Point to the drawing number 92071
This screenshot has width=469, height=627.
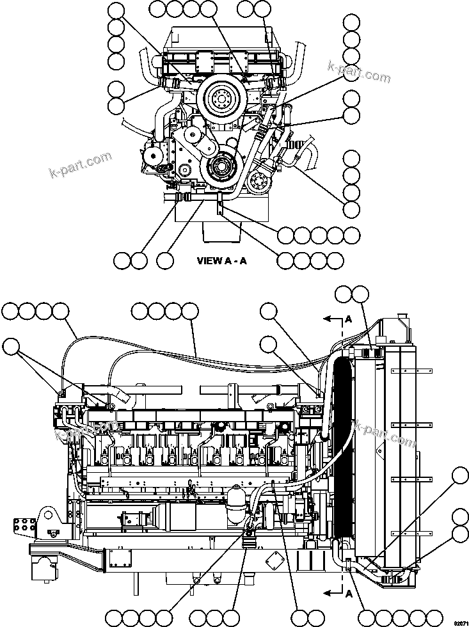pyautogui.click(x=459, y=622)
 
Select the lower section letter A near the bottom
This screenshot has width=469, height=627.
pyautogui.click(x=348, y=593)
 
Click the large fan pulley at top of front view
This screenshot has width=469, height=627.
pyautogui.click(x=220, y=99)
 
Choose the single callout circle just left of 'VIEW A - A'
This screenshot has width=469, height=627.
pyautogui.click(x=165, y=260)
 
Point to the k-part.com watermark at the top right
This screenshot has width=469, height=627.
pyautogui.click(x=358, y=77)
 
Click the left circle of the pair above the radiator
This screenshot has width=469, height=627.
pyautogui.click(x=344, y=294)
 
